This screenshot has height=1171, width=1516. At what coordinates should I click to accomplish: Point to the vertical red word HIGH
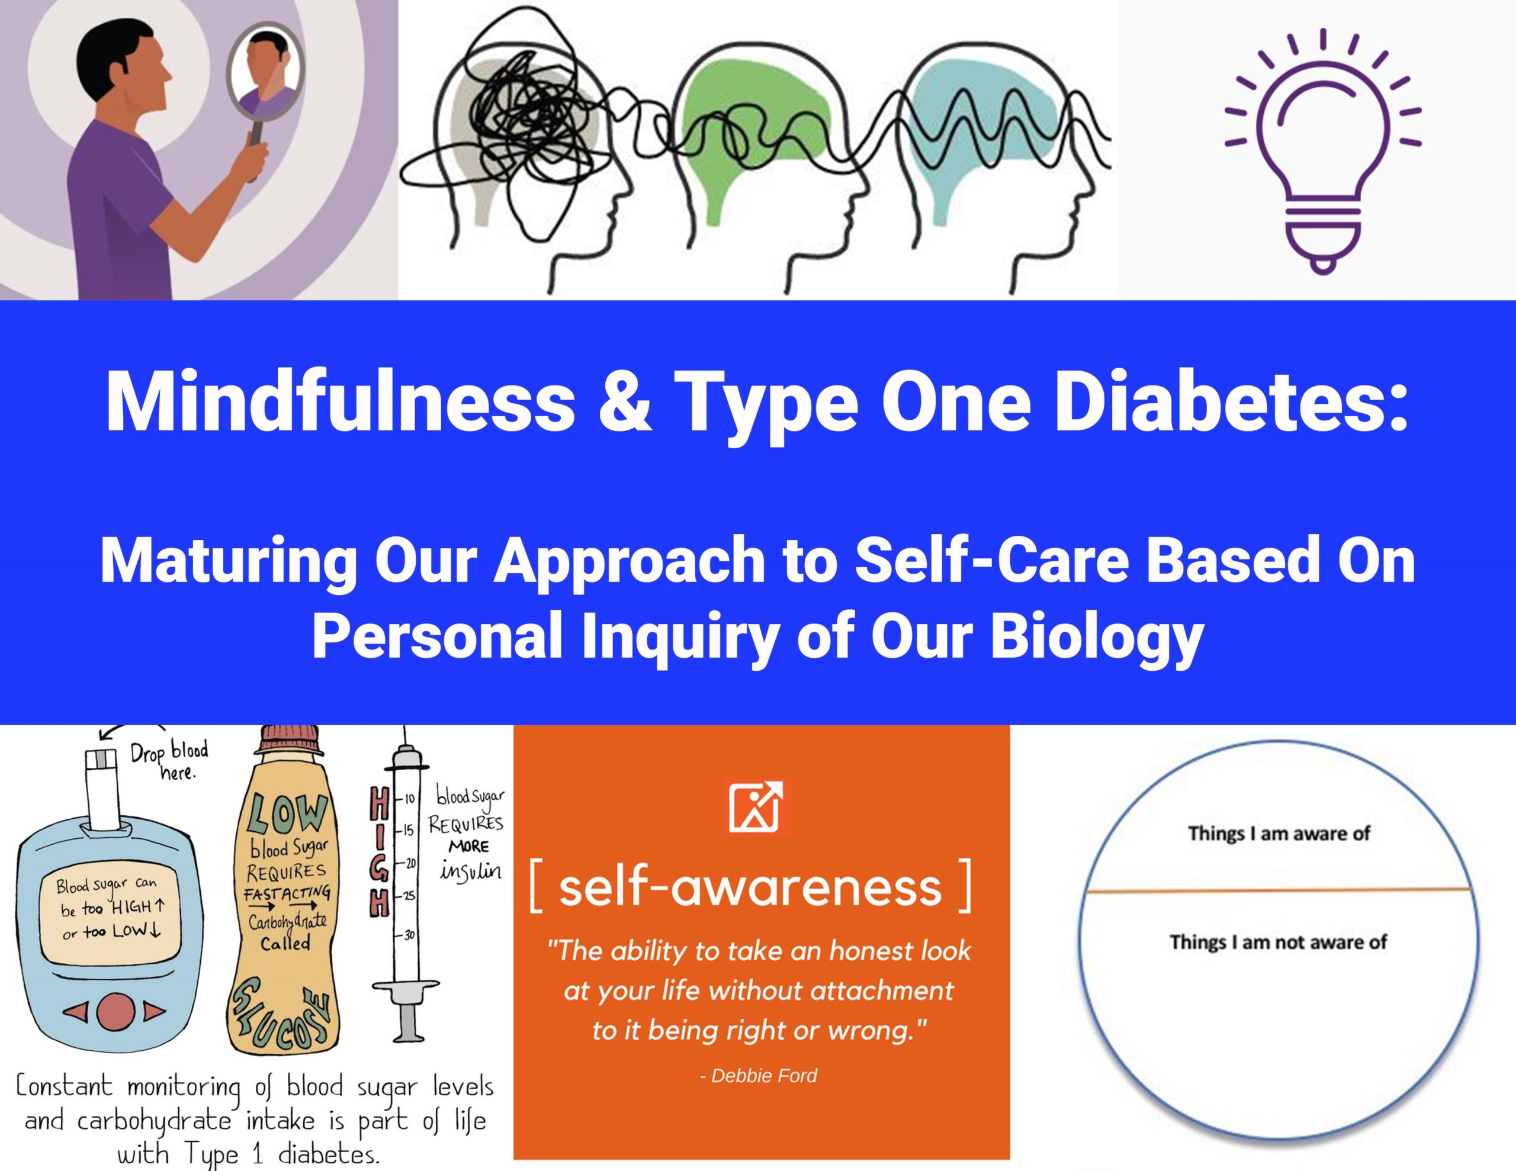[380, 856]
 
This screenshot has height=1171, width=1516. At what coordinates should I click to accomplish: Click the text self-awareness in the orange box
[750, 888]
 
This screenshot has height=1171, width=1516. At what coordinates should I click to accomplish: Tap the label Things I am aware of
[1279, 834]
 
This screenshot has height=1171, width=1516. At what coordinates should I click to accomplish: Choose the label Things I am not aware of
[1279, 942]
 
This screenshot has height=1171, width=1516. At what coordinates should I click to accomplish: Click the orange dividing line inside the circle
[1279, 890]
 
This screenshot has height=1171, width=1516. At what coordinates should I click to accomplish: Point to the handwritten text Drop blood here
[169, 761]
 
